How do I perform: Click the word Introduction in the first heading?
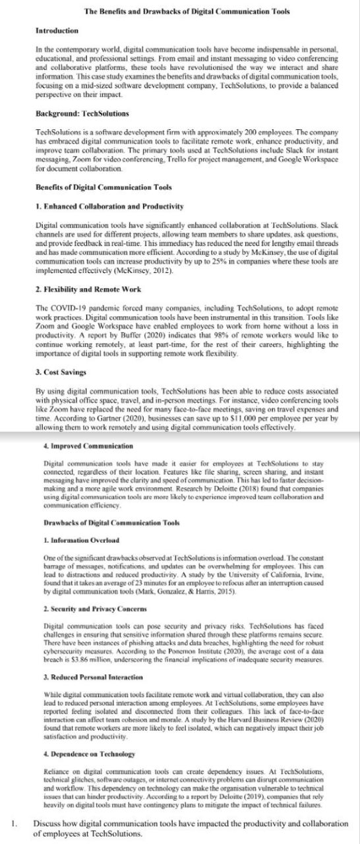(57, 31)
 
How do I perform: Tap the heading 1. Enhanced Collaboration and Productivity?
(109, 207)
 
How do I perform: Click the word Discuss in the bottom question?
(47, 824)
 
